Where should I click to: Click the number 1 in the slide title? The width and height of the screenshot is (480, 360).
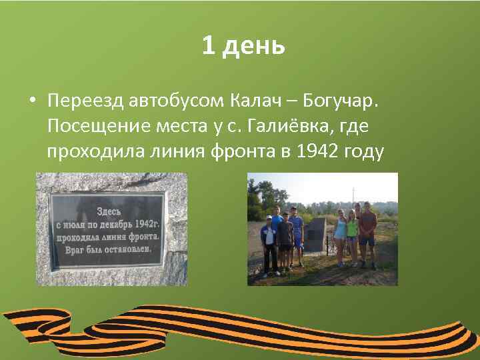point(209,46)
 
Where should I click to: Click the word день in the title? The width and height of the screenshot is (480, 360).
point(254,47)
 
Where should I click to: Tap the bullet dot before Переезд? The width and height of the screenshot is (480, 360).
point(31,101)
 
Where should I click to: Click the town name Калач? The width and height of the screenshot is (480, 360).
point(256,101)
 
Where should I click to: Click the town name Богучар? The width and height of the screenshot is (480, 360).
point(340,101)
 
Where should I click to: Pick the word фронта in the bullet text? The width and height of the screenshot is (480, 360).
point(237,151)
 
